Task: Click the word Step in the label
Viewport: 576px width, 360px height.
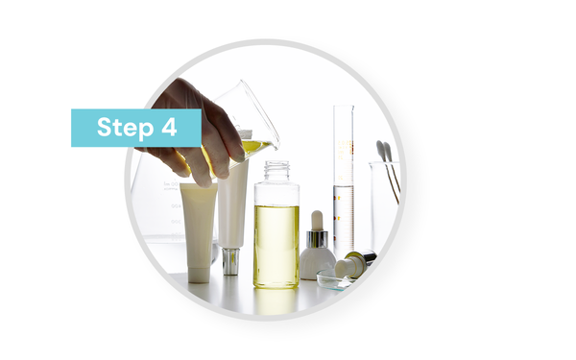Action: pos(125,128)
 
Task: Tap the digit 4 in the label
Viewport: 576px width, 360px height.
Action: pos(169,127)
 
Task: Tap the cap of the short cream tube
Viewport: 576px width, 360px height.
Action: pos(199,275)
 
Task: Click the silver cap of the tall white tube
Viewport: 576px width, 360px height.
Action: pos(230,261)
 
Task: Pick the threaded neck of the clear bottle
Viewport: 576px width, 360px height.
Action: pos(277,170)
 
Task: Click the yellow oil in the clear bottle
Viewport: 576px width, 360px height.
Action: pos(276,246)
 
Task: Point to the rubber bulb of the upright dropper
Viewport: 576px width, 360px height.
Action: pos(317,220)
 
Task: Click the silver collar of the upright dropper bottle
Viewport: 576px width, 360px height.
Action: pos(317,239)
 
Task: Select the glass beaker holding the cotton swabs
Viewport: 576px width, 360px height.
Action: pos(384,205)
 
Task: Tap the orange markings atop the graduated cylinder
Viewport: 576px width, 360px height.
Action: pos(346,148)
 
